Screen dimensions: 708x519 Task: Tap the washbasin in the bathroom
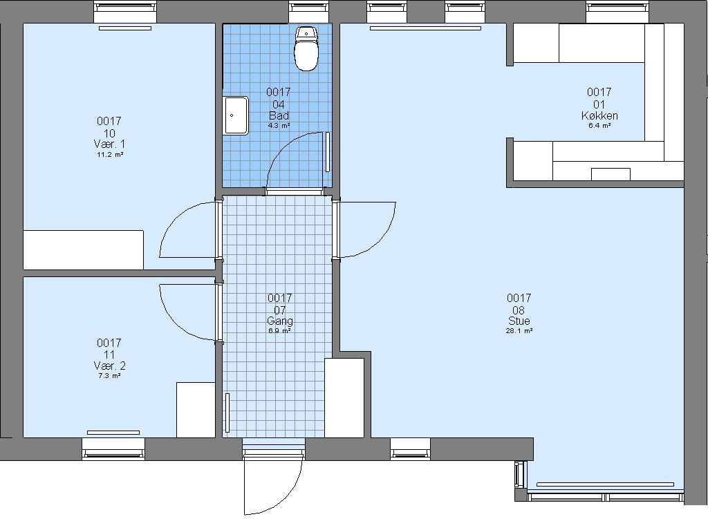(x=236, y=115)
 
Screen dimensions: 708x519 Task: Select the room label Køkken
(x=599, y=115)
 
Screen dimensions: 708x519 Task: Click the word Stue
(x=519, y=321)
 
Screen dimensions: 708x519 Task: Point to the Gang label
(x=280, y=321)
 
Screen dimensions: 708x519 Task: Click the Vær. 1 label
(x=109, y=144)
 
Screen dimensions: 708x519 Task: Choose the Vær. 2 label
(x=109, y=366)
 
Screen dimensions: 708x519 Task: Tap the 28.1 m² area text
(x=519, y=331)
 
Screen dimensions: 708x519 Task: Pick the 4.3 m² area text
(x=279, y=126)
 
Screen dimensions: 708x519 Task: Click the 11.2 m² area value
(x=110, y=154)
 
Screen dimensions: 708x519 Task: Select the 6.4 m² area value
(x=599, y=126)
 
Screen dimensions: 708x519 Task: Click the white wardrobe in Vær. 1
(x=84, y=250)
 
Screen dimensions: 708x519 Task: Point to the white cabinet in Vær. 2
(x=196, y=410)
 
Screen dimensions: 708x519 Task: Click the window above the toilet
(x=309, y=12)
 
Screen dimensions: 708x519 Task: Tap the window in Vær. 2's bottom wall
(x=113, y=449)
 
